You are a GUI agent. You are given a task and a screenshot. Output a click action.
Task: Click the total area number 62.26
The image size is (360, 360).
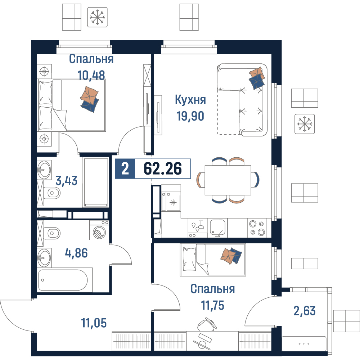[163, 168]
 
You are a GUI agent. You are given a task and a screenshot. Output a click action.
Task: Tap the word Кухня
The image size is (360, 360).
[190, 100]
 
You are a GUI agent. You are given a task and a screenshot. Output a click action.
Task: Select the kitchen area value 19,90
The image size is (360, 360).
[190, 116]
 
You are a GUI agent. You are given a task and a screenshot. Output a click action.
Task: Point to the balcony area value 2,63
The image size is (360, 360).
[305, 311]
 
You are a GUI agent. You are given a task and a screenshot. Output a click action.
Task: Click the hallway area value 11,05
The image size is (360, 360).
[94, 323]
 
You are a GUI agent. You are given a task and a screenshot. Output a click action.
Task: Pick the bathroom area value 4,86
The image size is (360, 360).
[76, 253]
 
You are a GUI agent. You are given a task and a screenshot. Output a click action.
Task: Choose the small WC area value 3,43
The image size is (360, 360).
[67, 181]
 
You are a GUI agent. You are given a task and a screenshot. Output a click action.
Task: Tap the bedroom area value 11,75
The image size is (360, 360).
[213, 305]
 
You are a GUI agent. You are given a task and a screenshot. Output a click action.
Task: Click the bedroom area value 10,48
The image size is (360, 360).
[91, 75]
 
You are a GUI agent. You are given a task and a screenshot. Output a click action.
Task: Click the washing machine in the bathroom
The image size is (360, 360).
[99, 230]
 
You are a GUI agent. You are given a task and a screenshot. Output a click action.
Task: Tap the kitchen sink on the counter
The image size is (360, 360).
[217, 228]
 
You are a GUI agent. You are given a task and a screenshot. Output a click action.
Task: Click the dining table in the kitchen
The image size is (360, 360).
[228, 180]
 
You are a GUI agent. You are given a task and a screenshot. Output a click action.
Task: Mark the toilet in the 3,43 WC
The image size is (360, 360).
[52, 193]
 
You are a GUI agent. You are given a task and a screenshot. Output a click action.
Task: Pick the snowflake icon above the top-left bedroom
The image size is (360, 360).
[97, 17]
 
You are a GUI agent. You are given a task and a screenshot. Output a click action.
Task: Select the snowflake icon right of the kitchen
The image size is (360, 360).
[305, 124]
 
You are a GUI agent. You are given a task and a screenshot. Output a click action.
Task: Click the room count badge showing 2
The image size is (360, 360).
[125, 169]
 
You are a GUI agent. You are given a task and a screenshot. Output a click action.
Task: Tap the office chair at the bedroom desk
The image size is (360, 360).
[207, 324]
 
